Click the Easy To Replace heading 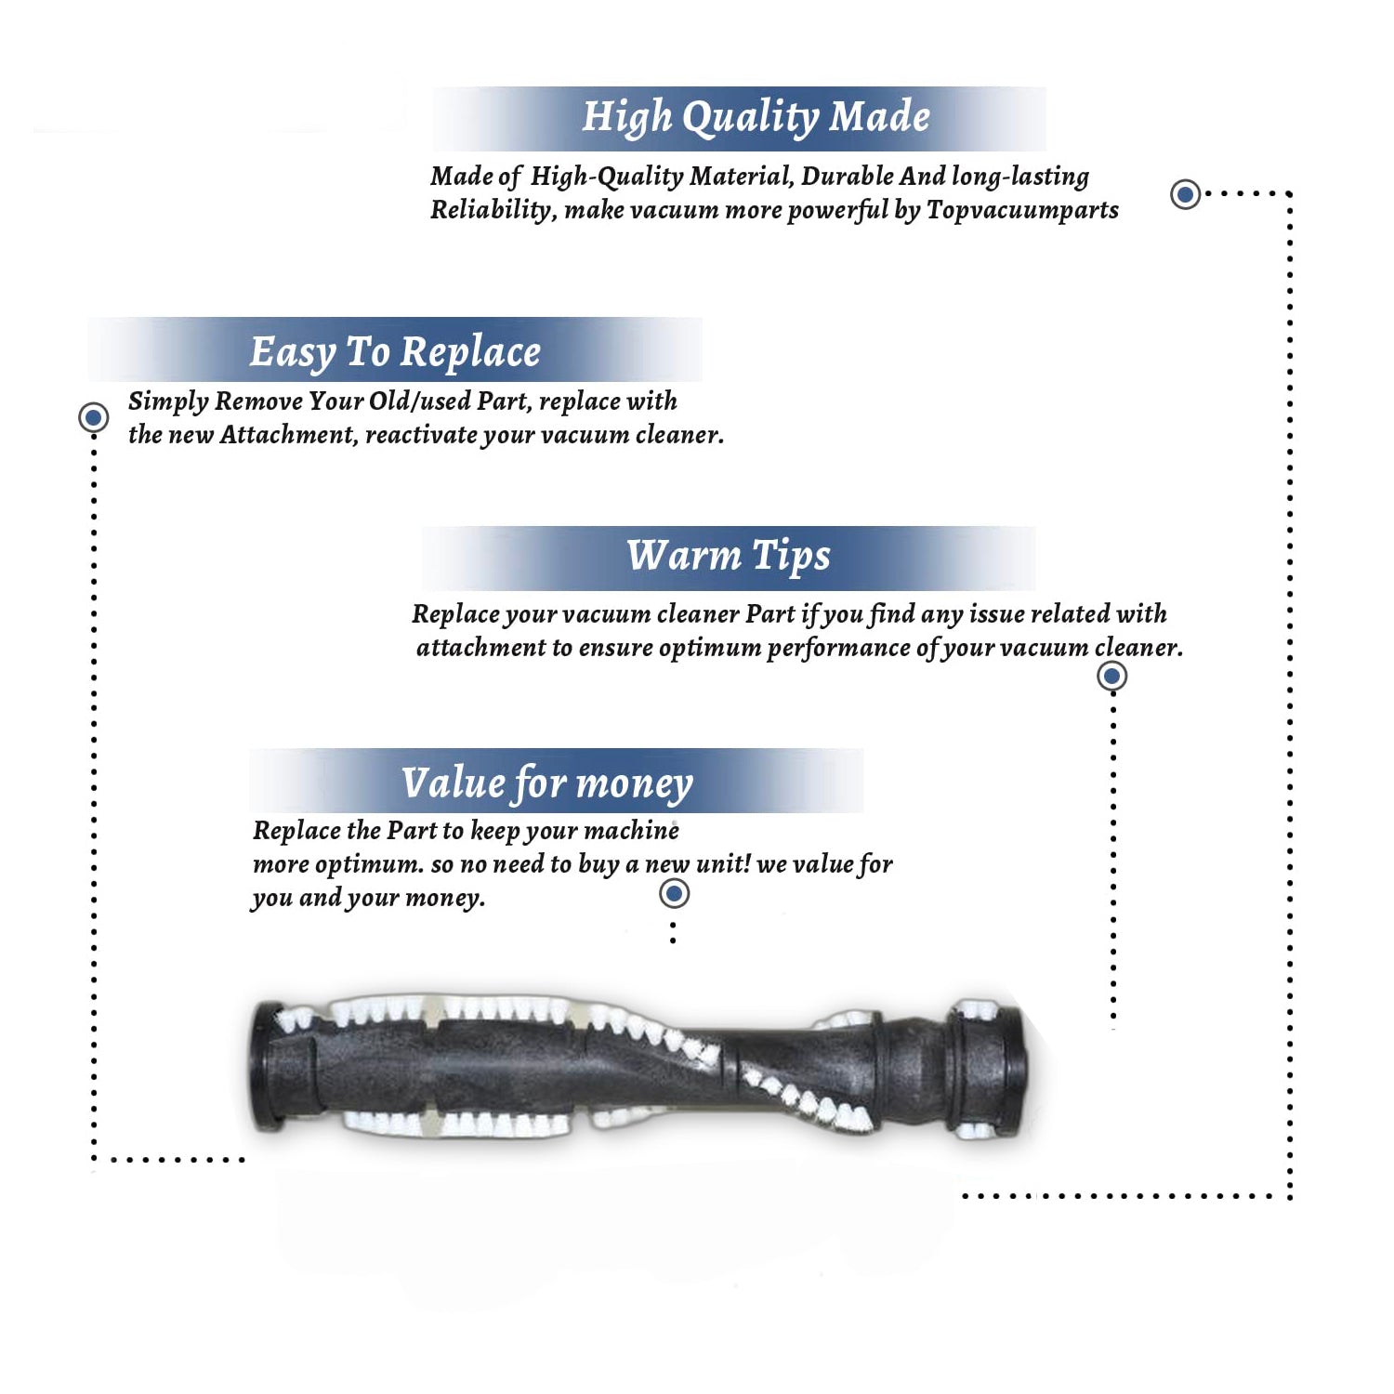pyautogui.click(x=395, y=353)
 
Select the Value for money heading pyautogui.click(x=547, y=783)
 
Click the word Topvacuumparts pyautogui.click(x=1022, y=211)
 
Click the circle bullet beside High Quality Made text pyautogui.click(x=1185, y=194)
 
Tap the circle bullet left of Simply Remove pyautogui.click(x=93, y=417)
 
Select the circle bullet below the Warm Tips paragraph pyautogui.click(x=1112, y=676)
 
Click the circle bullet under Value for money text pyautogui.click(x=674, y=894)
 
